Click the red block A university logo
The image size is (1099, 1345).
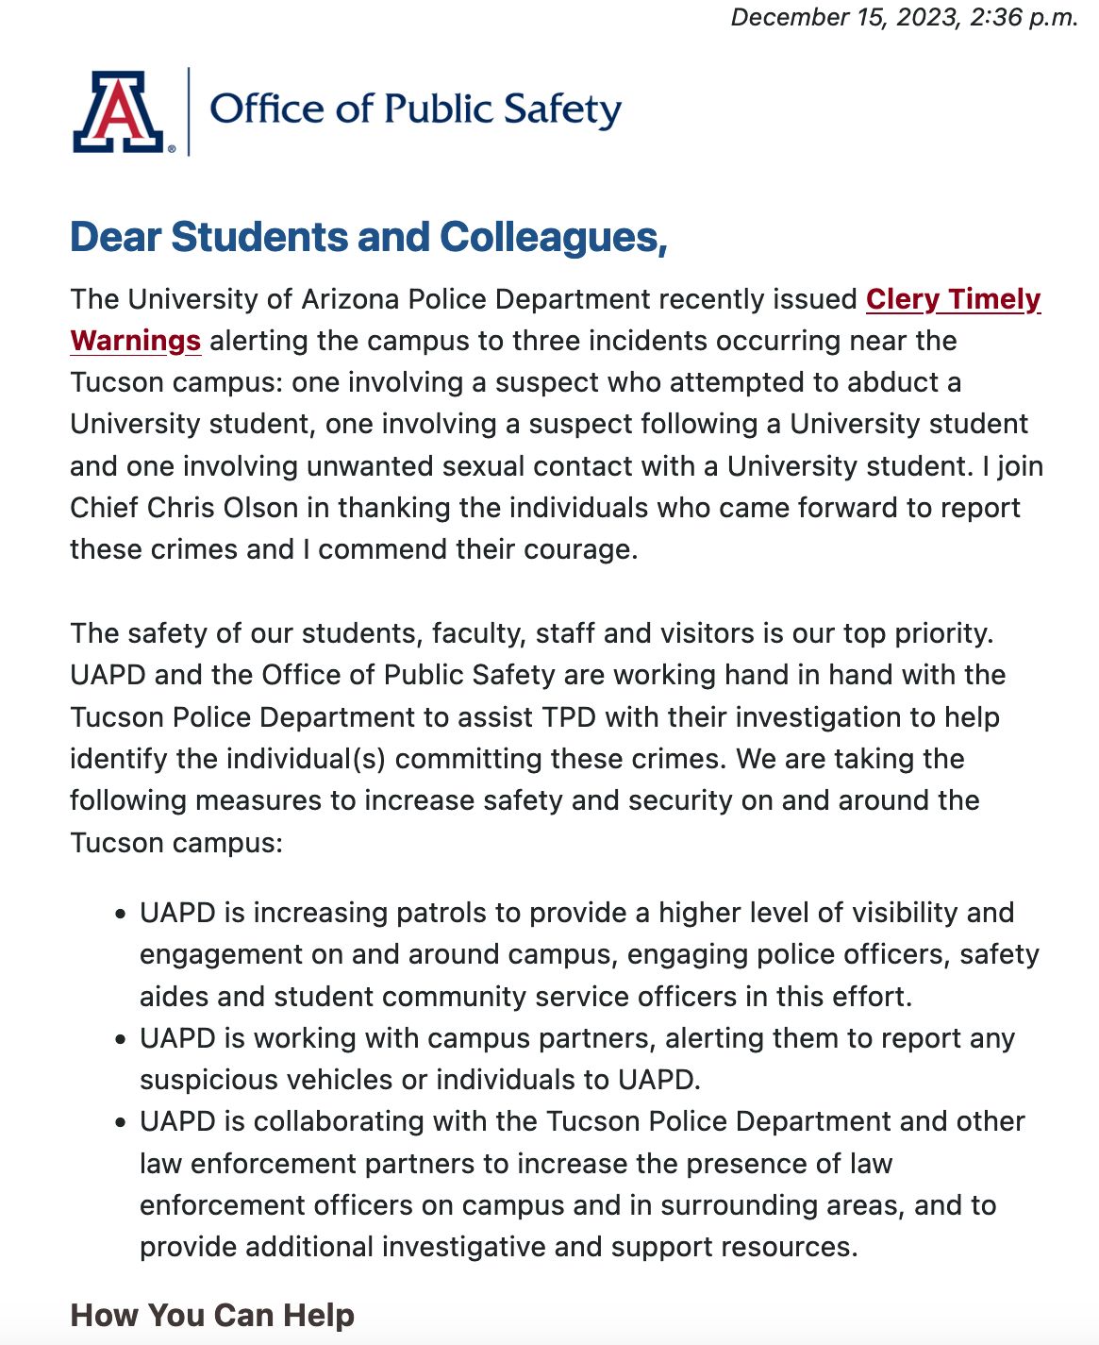point(120,111)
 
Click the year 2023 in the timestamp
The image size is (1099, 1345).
point(925,18)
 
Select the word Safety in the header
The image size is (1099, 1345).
point(562,109)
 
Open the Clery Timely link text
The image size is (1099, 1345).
point(953,299)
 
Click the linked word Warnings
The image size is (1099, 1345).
point(136,341)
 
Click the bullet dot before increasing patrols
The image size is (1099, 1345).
point(120,915)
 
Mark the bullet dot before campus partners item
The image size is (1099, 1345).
point(120,1039)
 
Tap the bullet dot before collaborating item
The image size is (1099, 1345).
point(120,1123)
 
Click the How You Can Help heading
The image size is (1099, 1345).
point(212,1315)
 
